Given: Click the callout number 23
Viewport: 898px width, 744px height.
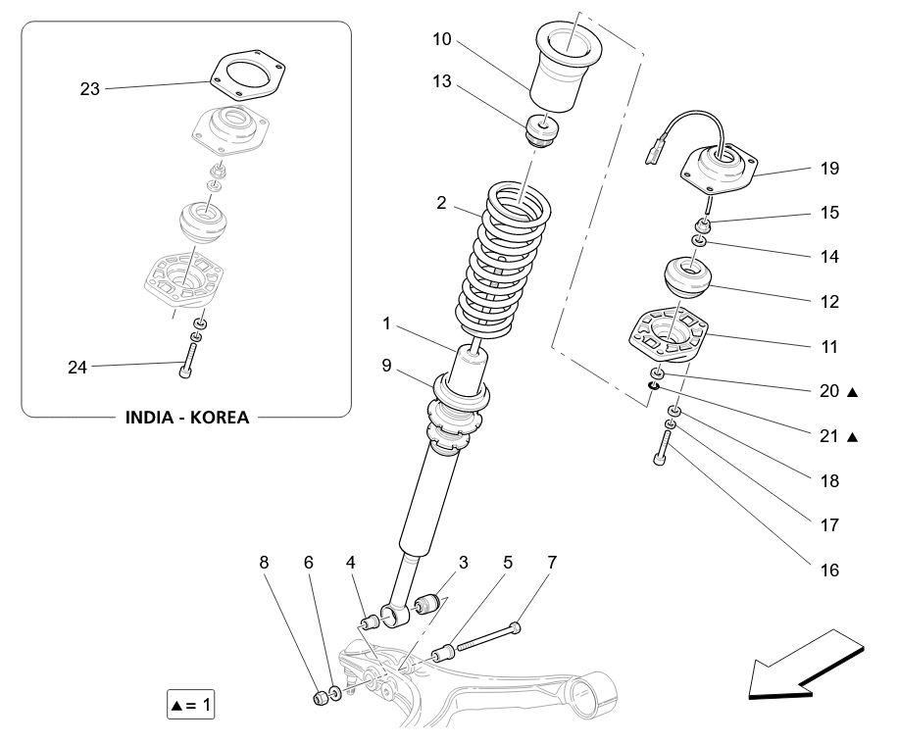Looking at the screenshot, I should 90,89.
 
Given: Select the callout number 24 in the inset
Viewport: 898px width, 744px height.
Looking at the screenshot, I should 77,368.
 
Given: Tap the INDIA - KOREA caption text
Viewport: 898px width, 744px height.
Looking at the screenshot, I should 186,417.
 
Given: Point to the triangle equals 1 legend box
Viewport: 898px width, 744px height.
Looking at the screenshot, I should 190,704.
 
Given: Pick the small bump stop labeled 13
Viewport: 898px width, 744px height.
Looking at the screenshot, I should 542,129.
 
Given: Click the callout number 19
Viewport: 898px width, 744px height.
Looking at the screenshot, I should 829,169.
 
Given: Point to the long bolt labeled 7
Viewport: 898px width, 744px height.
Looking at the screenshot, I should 485,635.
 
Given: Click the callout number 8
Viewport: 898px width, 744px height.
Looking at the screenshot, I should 263,563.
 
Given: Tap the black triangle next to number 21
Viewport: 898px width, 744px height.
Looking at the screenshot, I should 853,437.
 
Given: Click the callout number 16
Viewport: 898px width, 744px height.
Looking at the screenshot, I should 829,570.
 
